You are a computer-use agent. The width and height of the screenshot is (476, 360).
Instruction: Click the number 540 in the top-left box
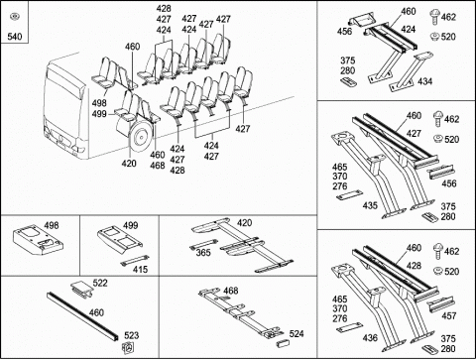(x=15, y=36)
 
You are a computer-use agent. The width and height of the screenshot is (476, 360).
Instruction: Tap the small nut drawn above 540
(x=14, y=16)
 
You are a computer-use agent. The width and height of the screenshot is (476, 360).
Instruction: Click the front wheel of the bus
(x=141, y=136)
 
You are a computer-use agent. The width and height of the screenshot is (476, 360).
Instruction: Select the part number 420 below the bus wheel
(x=129, y=164)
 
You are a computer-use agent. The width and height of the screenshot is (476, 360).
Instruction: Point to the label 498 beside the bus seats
(x=99, y=103)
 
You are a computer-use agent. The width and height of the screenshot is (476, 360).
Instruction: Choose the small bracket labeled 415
(x=135, y=260)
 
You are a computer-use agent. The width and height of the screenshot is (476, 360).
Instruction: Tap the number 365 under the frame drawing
(x=203, y=253)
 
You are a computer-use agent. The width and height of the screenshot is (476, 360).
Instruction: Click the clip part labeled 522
(x=82, y=289)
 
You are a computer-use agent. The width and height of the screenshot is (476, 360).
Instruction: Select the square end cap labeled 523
(x=128, y=347)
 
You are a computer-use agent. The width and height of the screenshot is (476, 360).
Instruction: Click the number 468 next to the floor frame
(x=231, y=291)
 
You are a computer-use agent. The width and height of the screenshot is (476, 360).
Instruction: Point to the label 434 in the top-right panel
(x=424, y=81)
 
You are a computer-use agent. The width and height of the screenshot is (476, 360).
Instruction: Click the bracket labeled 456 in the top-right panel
(x=362, y=21)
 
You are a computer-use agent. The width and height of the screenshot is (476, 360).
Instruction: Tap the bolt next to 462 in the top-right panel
(x=434, y=18)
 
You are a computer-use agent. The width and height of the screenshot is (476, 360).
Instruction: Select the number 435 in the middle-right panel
(x=370, y=205)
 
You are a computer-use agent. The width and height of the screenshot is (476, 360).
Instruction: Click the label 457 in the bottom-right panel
(x=449, y=315)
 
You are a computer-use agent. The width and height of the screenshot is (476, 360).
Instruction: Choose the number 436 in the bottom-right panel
(x=370, y=337)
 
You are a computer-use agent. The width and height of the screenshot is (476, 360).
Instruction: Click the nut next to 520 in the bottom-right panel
(x=437, y=271)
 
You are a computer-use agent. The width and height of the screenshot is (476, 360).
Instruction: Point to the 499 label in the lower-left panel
(x=131, y=225)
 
